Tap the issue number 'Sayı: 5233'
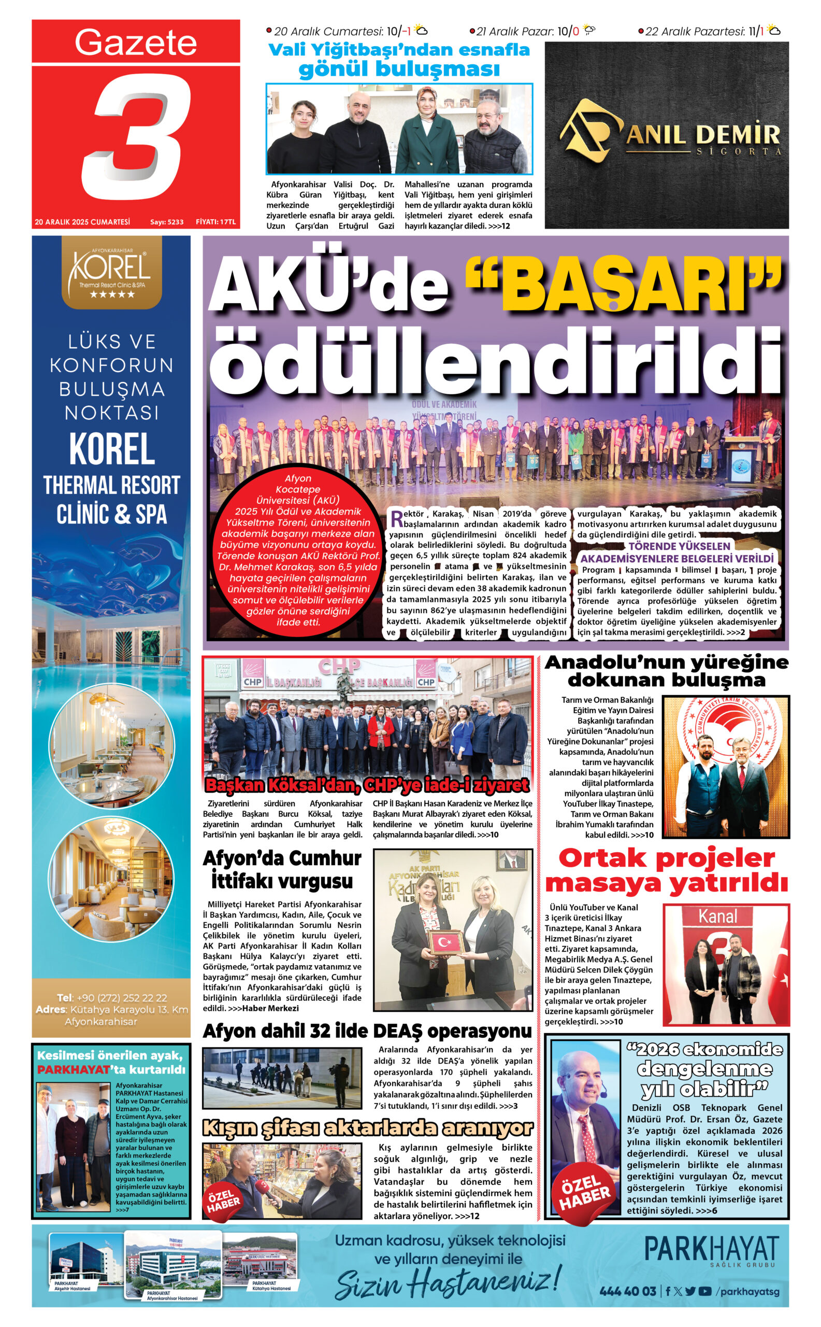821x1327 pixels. (167, 222)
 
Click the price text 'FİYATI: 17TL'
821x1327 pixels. (215, 222)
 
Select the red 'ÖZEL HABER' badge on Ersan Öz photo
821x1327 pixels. (584, 1192)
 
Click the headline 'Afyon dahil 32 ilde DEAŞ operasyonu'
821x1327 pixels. (367, 1031)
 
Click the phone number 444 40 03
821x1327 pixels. (628, 1291)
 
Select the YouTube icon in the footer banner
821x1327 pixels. (705, 1291)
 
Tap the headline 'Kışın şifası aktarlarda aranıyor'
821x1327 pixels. (367, 1127)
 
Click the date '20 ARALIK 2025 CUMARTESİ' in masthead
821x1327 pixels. (82, 222)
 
